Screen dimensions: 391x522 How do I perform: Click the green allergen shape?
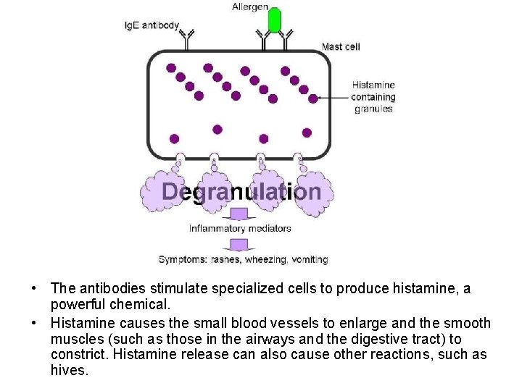(x=275, y=20)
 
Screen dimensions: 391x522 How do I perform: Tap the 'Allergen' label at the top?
(x=250, y=7)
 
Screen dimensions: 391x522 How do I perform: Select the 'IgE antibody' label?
(x=152, y=25)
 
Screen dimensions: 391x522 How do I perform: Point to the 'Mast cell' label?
(x=341, y=47)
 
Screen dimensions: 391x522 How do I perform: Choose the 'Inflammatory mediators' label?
(x=240, y=228)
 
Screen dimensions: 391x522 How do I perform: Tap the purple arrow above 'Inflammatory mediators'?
(x=239, y=214)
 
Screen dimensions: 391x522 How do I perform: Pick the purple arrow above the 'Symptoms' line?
(x=239, y=244)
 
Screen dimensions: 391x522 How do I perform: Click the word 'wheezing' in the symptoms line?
(x=265, y=259)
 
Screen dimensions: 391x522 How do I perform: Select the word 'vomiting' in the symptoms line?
(x=310, y=259)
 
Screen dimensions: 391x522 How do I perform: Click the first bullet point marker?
(x=35, y=289)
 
